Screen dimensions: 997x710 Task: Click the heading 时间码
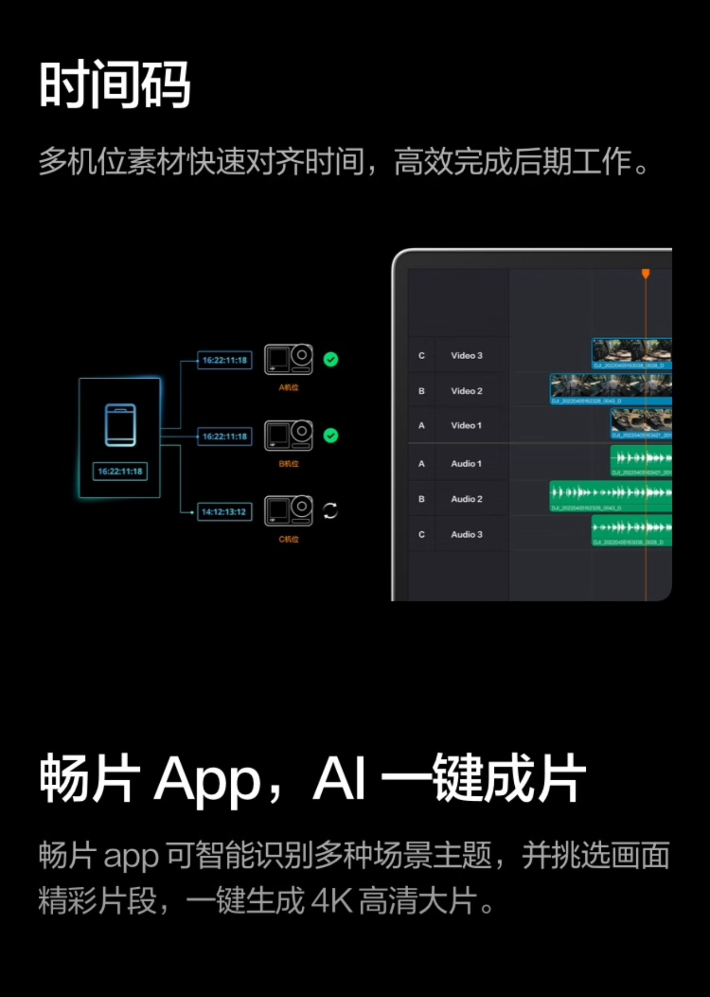pyautogui.click(x=115, y=84)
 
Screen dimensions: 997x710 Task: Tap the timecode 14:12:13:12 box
pyautogui.click(x=224, y=512)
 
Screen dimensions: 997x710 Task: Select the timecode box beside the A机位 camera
pyautogui.click(x=224, y=360)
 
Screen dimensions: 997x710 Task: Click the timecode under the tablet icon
pyautogui.click(x=120, y=472)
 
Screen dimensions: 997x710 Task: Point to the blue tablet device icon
pyautogui.click(x=120, y=425)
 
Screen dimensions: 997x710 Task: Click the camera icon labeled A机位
pyautogui.click(x=288, y=359)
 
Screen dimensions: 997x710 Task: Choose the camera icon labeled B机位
pyautogui.click(x=288, y=435)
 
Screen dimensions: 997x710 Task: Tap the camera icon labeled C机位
pyautogui.click(x=288, y=511)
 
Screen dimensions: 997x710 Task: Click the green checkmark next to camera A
pyautogui.click(x=331, y=359)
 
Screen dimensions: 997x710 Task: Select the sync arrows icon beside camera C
pyautogui.click(x=330, y=511)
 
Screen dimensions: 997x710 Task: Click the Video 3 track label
pyautogui.click(x=466, y=355)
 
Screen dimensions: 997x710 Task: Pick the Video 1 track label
pyautogui.click(x=466, y=425)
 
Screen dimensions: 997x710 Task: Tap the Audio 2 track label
pyautogui.click(x=466, y=499)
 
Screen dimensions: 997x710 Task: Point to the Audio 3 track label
pyautogui.click(x=466, y=535)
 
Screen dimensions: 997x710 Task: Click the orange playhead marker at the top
pyautogui.click(x=645, y=274)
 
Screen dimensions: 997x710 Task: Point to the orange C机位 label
pyautogui.click(x=288, y=539)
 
